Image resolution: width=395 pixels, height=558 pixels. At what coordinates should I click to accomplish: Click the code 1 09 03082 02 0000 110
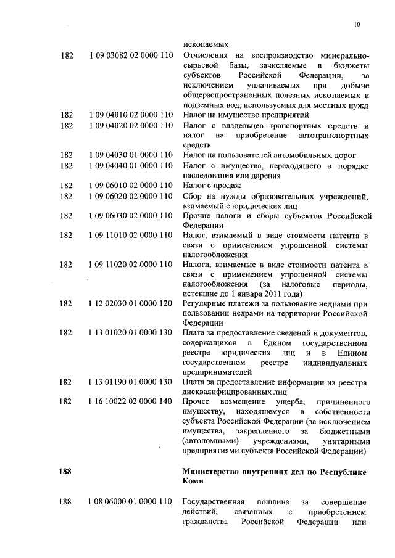[130, 55]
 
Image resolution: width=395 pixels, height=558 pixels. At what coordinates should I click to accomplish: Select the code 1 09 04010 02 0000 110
[130, 115]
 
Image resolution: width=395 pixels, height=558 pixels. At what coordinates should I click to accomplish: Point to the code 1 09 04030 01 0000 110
[130, 155]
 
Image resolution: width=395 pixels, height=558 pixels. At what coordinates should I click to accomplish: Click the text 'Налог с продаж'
[212, 185]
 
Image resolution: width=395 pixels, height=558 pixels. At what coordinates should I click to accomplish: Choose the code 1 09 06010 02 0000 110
[130, 185]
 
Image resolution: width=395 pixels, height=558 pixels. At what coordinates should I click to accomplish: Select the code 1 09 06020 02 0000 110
[130, 195]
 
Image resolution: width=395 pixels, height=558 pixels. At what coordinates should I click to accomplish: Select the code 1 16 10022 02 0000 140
[130, 402]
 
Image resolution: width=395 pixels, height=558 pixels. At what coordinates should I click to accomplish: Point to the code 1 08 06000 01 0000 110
[130, 502]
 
